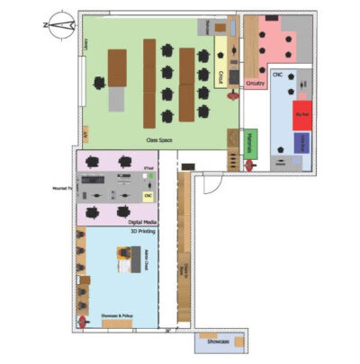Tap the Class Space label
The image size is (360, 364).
click(x=159, y=140)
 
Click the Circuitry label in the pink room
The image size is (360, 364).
click(x=256, y=84)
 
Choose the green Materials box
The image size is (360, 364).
click(x=250, y=143)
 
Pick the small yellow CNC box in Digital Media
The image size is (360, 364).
click(x=148, y=195)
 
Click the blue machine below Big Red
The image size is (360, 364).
click(x=302, y=142)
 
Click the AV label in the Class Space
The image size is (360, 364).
click(x=85, y=133)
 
